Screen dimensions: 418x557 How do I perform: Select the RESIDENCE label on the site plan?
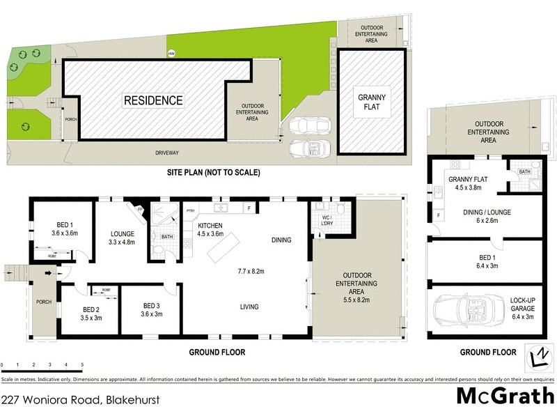tap(153, 100)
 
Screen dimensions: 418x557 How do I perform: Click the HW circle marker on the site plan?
tap(171, 54)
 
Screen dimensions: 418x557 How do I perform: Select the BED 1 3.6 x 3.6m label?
tap(65, 229)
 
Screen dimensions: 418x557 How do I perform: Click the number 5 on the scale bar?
tap(82, 364)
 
